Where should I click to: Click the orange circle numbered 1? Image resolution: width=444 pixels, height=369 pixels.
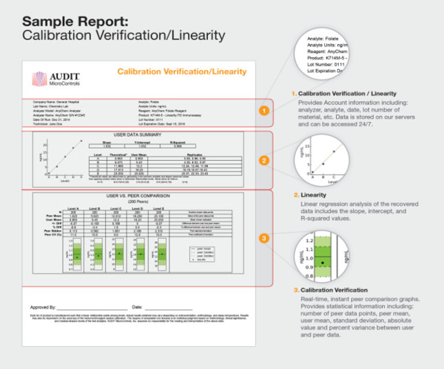(264, 111)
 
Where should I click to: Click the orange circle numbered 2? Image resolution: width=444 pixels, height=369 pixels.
(264, 161)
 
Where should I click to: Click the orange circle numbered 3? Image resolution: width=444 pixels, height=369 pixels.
(264, 238)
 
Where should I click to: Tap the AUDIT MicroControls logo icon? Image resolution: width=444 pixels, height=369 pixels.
(39, 79)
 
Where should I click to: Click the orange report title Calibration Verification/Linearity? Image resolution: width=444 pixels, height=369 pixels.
(182, 72)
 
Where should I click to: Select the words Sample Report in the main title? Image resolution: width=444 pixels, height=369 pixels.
(75, 22)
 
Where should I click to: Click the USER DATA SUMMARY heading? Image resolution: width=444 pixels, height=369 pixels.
(137, 135)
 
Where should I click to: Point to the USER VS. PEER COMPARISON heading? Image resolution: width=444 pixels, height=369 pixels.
(138, 196)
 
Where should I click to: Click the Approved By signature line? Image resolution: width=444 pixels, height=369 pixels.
(92, 308)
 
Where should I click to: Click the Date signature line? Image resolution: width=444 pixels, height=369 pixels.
(169, 308)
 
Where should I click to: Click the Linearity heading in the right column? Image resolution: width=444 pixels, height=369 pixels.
(313, 195)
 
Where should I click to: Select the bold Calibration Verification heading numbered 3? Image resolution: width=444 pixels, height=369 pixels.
(334, 290)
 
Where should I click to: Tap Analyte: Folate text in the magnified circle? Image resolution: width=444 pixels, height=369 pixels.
(323, 39)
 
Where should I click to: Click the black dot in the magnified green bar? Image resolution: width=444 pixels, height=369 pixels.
(323, 263)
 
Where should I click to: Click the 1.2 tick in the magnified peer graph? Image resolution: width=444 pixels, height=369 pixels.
(309, 241)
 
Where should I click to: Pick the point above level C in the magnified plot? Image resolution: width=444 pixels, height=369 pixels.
(334, 151)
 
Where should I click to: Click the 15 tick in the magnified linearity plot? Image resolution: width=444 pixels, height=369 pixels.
(307, 147)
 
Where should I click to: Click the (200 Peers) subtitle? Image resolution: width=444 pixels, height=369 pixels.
(138, 202)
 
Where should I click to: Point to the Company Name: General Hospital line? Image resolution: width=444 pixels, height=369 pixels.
(56, 102)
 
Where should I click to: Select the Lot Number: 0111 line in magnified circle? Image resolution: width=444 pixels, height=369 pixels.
(326, 64)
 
